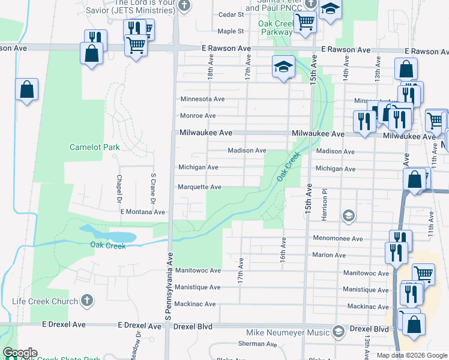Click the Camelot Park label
94,147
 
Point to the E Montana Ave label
142,212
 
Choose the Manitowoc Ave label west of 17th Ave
198,271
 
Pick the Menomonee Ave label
338,239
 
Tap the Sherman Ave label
257,344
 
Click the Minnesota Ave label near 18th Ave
203,99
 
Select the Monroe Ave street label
198,116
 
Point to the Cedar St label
231,14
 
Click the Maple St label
231,31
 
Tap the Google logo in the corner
19,353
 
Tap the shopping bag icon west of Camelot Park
27,90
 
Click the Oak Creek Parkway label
275,28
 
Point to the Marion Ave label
329,256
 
